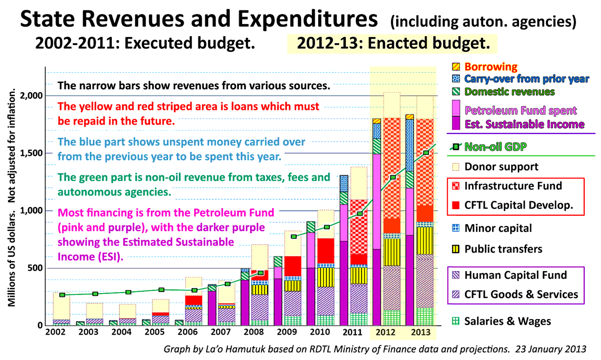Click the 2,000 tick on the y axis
32,96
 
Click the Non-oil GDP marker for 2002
62,295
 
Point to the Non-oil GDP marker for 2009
294,236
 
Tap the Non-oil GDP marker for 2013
426,153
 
